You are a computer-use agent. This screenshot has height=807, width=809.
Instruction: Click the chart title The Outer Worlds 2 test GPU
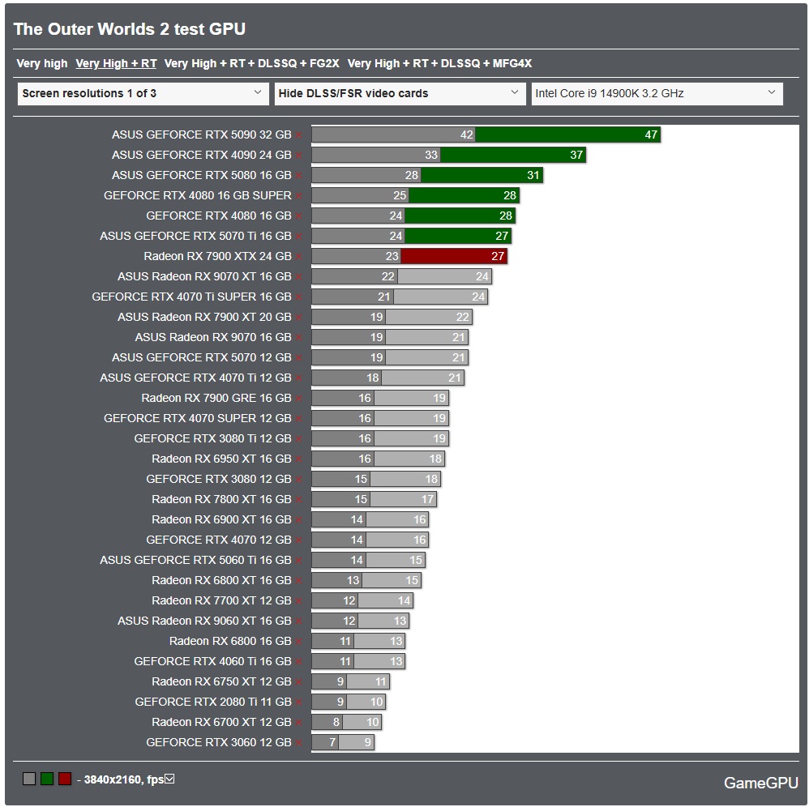[x=130, y=29]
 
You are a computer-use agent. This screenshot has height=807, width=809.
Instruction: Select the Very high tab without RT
[x=42, y=63]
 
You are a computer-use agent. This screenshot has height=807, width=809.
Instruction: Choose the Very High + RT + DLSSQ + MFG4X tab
[x=439, y=63]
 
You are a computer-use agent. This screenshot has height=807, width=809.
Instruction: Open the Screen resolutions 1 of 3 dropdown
[x=143, y=93]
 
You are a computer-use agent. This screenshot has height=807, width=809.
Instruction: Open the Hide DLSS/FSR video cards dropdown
[x=400, y=93]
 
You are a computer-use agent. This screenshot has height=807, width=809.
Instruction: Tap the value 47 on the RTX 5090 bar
[x=651, y=134]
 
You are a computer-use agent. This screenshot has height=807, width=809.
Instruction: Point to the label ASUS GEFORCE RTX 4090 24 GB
[x=201, y=155]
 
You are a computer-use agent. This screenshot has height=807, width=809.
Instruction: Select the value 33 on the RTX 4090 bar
[x=431, y=155]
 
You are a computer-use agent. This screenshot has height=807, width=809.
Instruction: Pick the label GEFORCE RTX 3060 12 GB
[x=218, y=742]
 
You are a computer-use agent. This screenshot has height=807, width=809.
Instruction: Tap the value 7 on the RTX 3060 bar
[x=332, y=742]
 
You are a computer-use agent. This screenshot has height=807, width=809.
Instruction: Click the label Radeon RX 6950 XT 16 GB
[x=221, y=459]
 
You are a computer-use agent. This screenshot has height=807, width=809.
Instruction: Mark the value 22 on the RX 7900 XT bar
[x=462, y=317]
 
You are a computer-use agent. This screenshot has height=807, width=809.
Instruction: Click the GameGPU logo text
[x=760, y=783]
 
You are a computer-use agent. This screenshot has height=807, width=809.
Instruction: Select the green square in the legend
[x=47, y=779]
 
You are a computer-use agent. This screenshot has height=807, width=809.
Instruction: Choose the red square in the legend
[x=65, y=779]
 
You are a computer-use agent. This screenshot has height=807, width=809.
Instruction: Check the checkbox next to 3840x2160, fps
[x=169, y=779]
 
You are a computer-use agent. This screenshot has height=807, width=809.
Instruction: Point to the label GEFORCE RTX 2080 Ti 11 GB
[x=212, y=702]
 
